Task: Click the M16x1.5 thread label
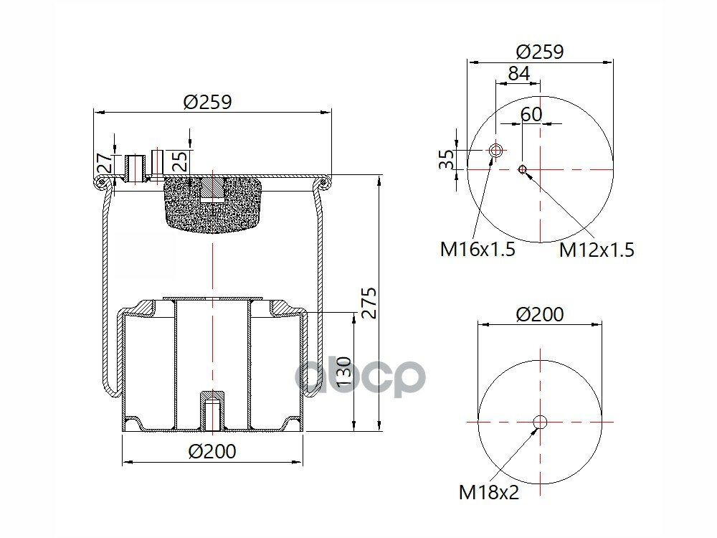click(x=478, y=250)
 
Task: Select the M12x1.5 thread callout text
click(x=597, y=250)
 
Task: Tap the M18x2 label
click(x=489, y=492)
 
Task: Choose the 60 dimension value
click(x=531, y=114)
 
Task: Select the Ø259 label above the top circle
click(x=540, y=52)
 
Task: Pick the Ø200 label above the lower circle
click(x=539, y=314)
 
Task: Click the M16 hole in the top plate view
click(x=495, y=151)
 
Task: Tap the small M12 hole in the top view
click(x=523, y=169)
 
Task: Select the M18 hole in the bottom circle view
click(x=540, y=422)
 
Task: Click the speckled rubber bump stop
click(x=212, y=204)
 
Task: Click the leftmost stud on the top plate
click(x=133, y=167)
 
